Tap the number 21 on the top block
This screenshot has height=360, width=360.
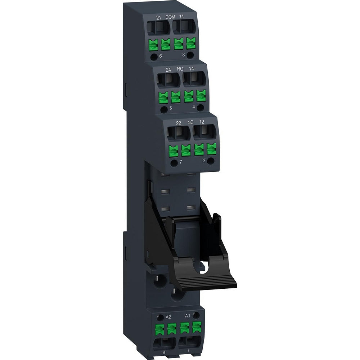[158, 17]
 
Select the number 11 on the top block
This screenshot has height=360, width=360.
[182, 17]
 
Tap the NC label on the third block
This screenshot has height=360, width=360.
[190, 122]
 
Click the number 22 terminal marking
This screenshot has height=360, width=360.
[178, 123]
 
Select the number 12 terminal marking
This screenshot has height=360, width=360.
[202, 122]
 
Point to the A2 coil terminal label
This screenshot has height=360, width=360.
[168, 317]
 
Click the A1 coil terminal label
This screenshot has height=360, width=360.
[188, 316]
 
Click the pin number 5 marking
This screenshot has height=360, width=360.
[171, 108]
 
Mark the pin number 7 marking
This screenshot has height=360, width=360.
[181, 162]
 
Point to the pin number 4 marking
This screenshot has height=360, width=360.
[194, 107]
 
